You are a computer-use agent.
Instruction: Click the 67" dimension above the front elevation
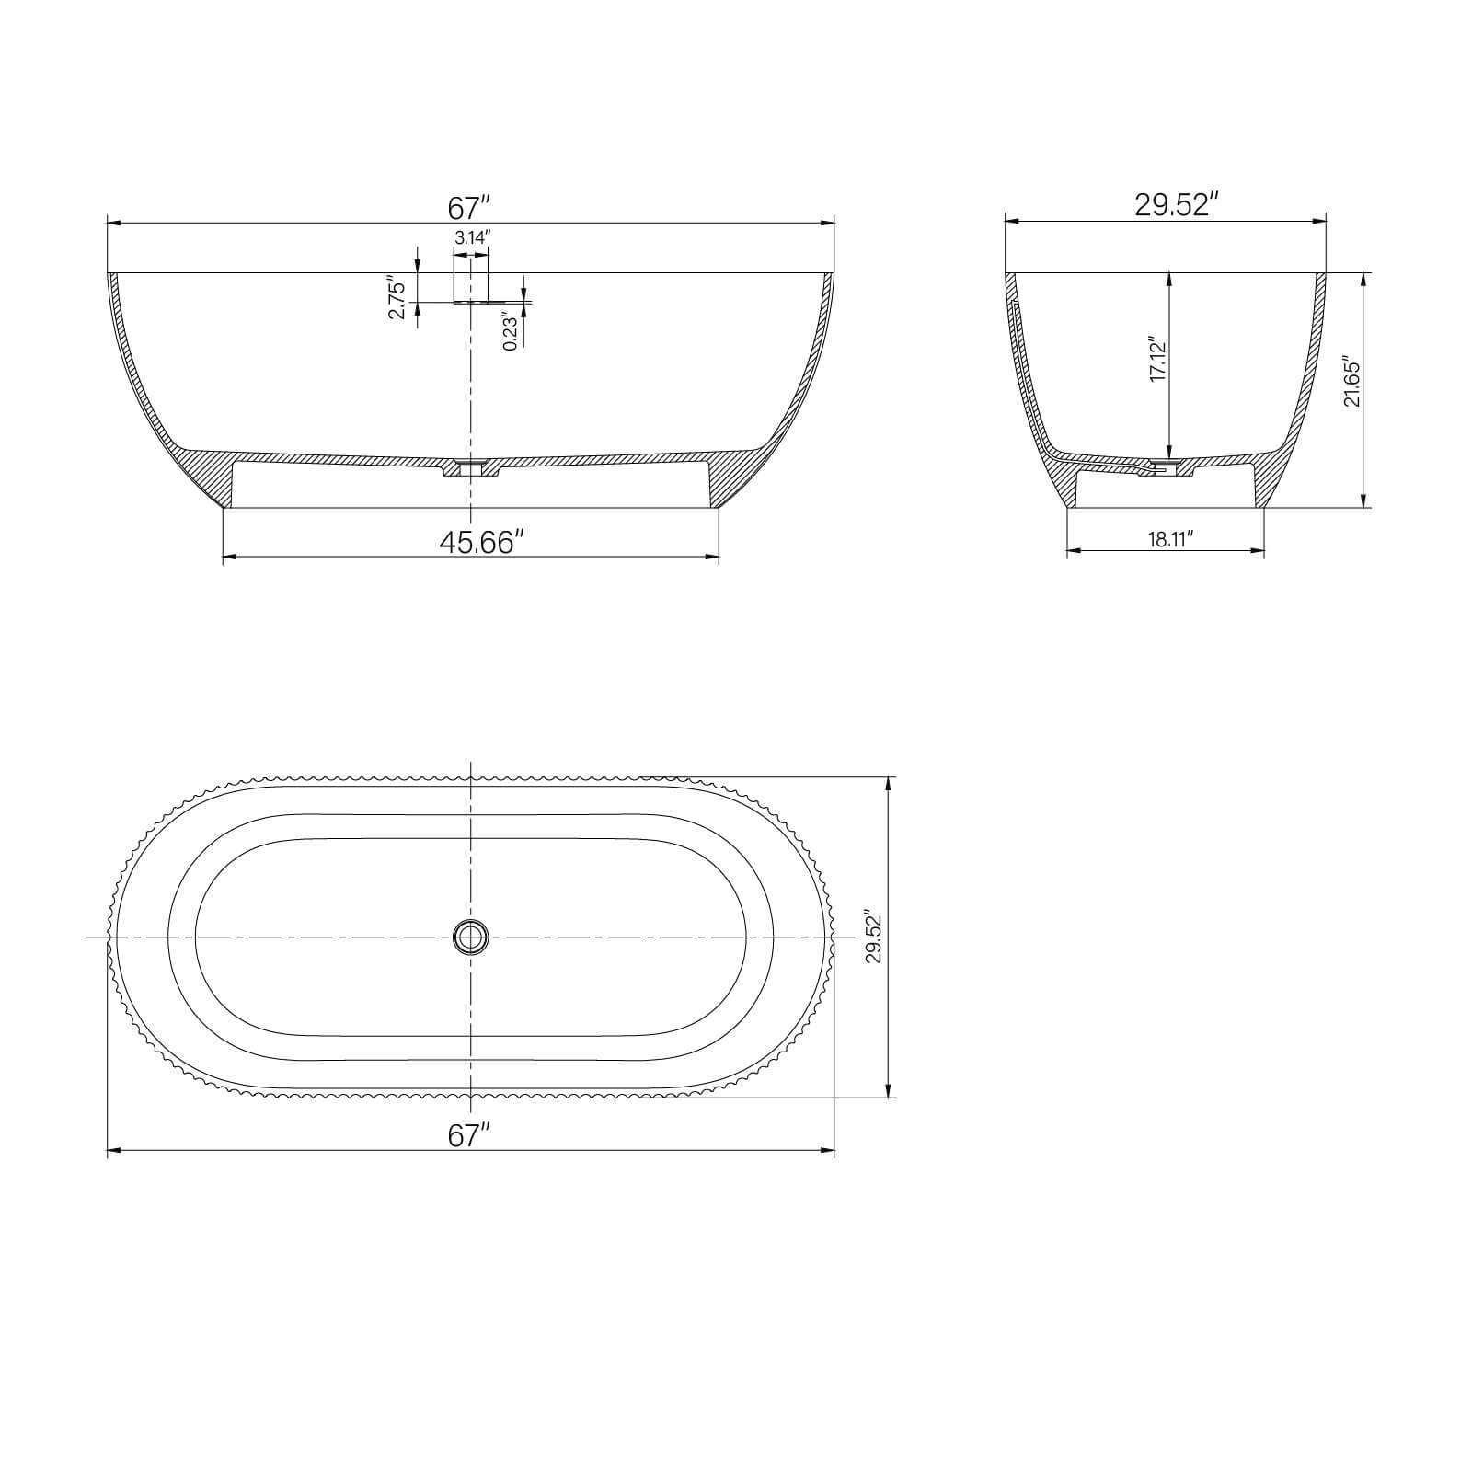coord(470,207)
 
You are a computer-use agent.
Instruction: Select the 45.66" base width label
coord(481,542)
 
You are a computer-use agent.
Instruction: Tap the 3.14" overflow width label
coord(472,237)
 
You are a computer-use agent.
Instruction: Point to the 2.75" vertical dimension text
coord(397,298)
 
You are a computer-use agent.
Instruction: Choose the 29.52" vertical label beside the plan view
coord(873,937)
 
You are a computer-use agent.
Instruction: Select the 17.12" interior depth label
coord(1157,359)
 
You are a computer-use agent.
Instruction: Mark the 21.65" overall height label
coord(1351,382)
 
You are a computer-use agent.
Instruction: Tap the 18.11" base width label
coord(1170,540)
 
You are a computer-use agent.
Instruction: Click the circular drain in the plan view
coord(471,937)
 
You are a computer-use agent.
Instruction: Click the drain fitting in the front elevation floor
coord(471,466)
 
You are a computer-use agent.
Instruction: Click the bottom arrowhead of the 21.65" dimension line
coord(1363,502)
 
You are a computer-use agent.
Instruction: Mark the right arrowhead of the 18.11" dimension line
coord(1259,551)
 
